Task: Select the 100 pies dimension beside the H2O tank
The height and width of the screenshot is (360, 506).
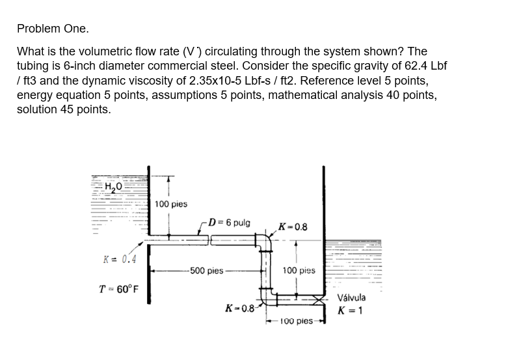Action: click(171, 204)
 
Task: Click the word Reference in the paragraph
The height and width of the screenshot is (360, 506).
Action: click(315, 80)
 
